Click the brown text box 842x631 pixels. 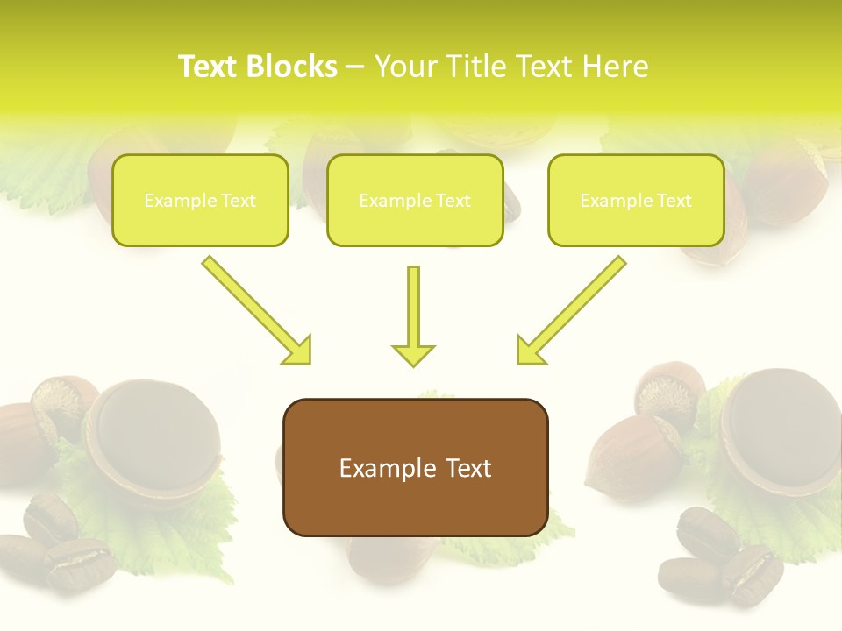click(415, 508)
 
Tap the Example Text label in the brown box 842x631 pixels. click(415, 468)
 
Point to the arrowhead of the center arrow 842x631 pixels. click(413, 355)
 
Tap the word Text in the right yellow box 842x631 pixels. click(674, 201)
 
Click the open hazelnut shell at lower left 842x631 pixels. click(153, 434)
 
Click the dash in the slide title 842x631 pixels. click(355, 67)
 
